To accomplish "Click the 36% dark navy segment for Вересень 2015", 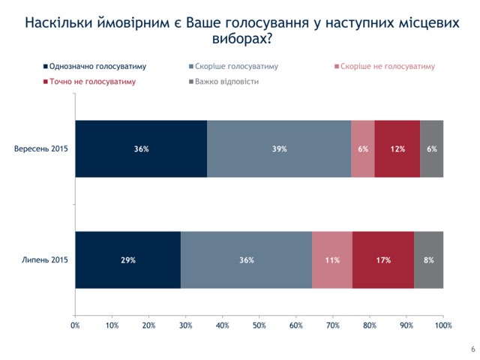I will [141, 148].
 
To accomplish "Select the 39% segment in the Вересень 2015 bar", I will [279, 148].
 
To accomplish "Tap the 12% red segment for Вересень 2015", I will [397, 148].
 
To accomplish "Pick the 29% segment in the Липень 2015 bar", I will [127, 259].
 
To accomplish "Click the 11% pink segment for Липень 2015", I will [331, 259].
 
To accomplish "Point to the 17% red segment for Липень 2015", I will [382, 259].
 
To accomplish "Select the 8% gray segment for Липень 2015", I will [428, 259].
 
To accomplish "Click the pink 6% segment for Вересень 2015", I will [363, 148].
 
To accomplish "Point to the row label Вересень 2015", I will [41, 148].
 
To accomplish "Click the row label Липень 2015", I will [46, 259].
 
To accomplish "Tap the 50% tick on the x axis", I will [259, 325].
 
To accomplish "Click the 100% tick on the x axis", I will [442, 325].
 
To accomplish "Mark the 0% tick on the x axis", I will [75, 325].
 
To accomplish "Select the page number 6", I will [472, 349].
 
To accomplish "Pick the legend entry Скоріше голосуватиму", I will [236, 67].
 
